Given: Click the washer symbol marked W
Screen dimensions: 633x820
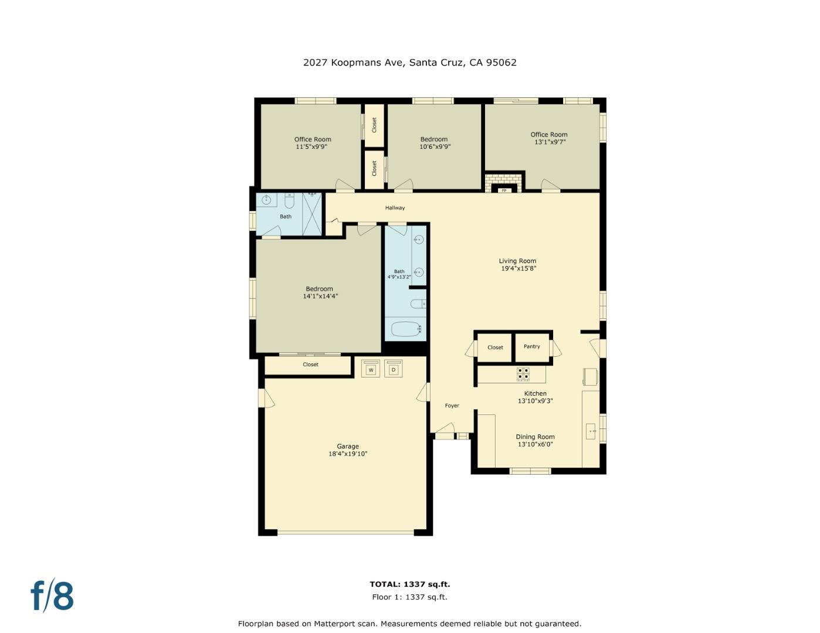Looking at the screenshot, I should click(x=371, y=369).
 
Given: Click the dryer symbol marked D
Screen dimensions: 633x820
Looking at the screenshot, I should click(x=394, y=369).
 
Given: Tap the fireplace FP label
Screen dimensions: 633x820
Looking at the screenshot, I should click(x=503, y=190).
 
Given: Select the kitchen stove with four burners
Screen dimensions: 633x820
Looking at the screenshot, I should click(x=523, y=374).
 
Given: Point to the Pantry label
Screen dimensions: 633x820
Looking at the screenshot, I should click(x=532, y=346).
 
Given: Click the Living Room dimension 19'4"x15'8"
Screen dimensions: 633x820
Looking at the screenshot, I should click(x=519, y=268).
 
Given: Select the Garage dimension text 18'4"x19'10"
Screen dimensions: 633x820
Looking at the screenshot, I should click(x=348, y=454).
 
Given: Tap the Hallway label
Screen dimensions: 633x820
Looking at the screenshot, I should click(x=395, y=207).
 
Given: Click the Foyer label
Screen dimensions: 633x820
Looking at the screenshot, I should click(x=452, y=406).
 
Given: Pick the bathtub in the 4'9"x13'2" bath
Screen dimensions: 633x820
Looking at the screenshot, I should click(x=405, y=329).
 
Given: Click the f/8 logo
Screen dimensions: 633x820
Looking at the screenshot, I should click(x=52, y=595).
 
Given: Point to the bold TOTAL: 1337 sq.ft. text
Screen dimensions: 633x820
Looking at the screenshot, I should click(x=409, y=584).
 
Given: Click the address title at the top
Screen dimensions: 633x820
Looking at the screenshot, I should click(x=409, y=62).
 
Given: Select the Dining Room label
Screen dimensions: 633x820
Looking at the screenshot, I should click(x=535, y=437).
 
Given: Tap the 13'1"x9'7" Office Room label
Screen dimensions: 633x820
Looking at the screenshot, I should click(x=549, y=138).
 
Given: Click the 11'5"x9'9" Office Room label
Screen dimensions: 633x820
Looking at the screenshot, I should click(x=313, y=143).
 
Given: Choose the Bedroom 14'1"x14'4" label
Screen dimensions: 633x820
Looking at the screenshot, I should click(x=320, y=292).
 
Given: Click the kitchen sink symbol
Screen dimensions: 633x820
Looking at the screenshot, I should click(x=591, y=431).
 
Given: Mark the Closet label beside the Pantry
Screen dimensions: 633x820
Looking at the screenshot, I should click(x=495, y=348).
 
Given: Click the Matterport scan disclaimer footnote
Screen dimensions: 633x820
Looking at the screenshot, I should click(x=409, y=624).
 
